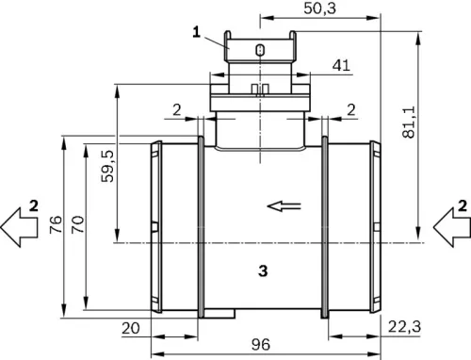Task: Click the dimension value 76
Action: click(55, 225)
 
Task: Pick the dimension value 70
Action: click(76, 225)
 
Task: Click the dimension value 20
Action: click(131, 326)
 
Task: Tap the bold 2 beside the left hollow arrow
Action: click(33, 205)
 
